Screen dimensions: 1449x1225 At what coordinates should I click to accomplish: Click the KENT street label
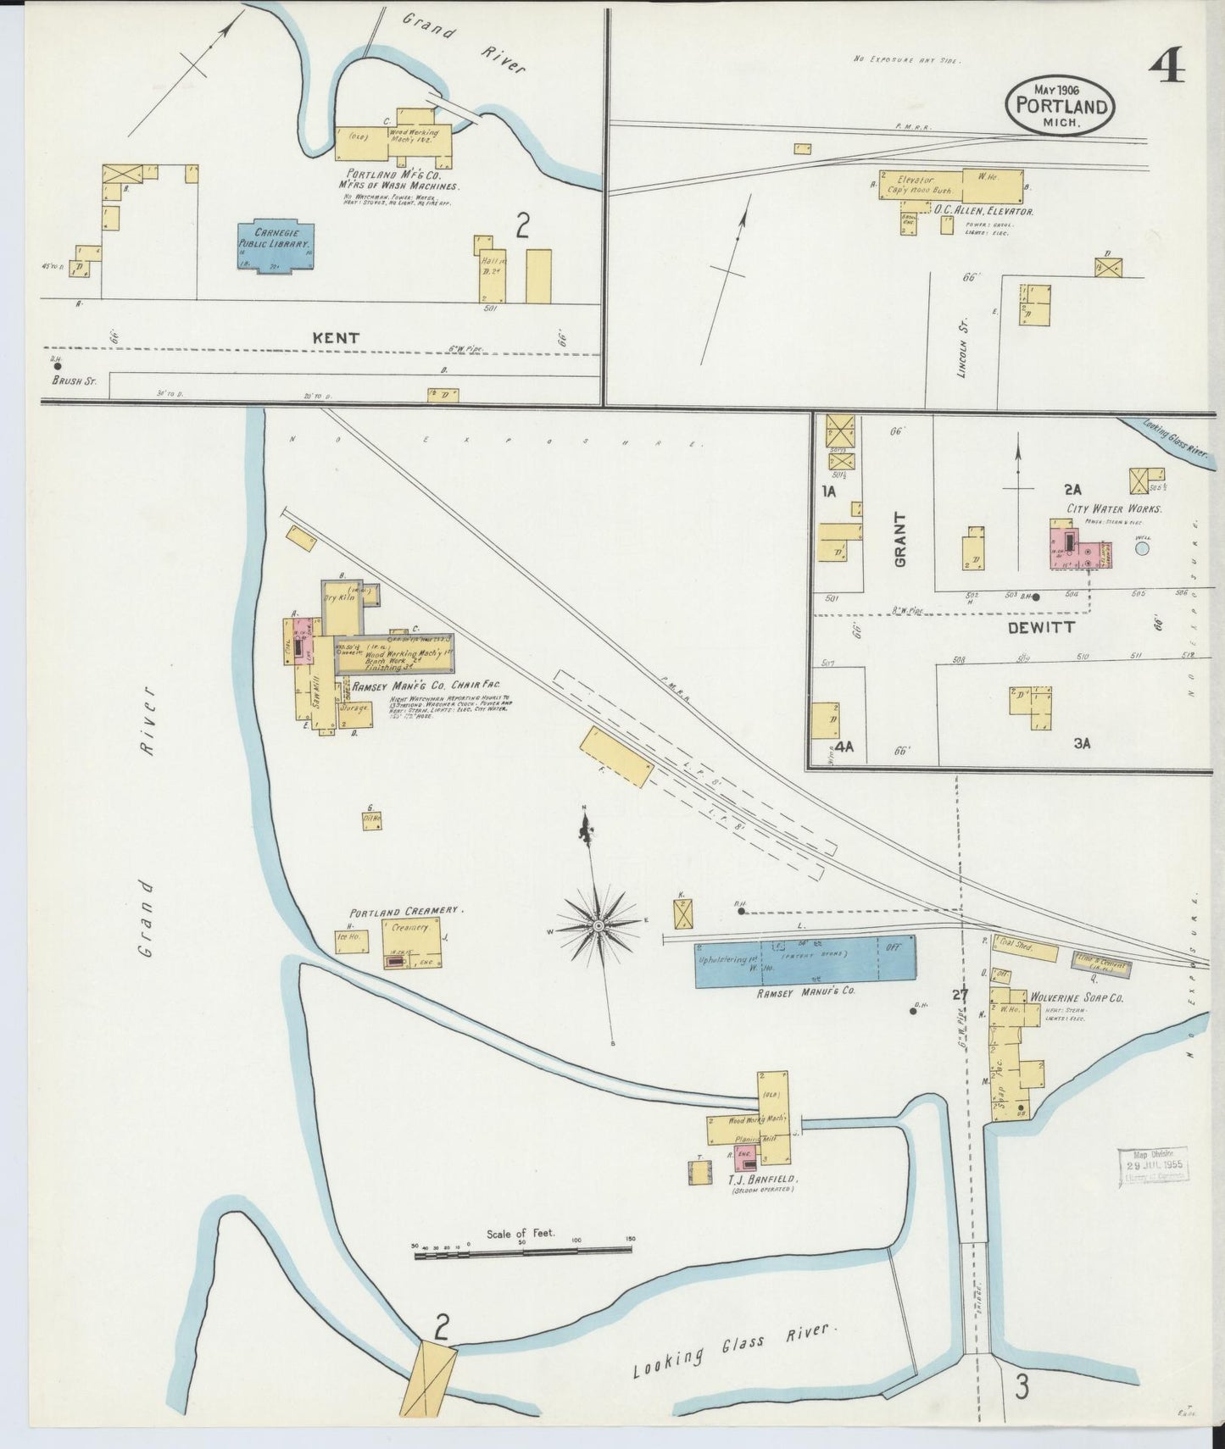[x=336, y=337]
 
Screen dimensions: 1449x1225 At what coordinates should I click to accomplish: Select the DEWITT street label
[x=1042, y=627]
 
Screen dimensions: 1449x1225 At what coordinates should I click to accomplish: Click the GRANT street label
[x=899, y=539]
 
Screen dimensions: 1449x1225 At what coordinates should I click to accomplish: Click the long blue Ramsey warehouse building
[x=805, y=961]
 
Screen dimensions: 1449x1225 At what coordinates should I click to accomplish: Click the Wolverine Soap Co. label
[x=1076, y=998]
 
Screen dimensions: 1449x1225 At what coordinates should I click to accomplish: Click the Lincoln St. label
[x=963, y=343]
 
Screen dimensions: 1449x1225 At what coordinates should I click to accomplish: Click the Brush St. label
[x=74, y=381]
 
